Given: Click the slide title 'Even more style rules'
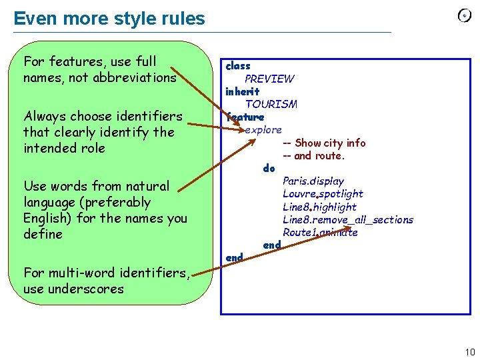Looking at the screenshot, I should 109,18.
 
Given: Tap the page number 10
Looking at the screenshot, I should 469,352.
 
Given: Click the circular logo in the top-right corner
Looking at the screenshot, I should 465,16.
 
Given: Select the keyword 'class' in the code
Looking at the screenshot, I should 238,66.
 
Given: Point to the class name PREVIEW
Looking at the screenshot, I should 269,79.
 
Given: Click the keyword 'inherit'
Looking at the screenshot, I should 243,91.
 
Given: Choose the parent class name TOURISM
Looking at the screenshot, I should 271,104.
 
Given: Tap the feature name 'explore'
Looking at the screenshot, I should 263,129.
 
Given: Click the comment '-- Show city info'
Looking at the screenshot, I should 324,143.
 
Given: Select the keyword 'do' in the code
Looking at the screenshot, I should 269,168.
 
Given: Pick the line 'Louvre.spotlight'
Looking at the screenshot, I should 323,193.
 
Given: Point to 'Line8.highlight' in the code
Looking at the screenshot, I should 319,207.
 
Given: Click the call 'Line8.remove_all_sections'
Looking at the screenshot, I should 347,219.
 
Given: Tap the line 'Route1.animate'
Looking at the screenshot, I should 320,232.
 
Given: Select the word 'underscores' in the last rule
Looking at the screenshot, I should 92,289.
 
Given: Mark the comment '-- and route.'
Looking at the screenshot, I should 313,155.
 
